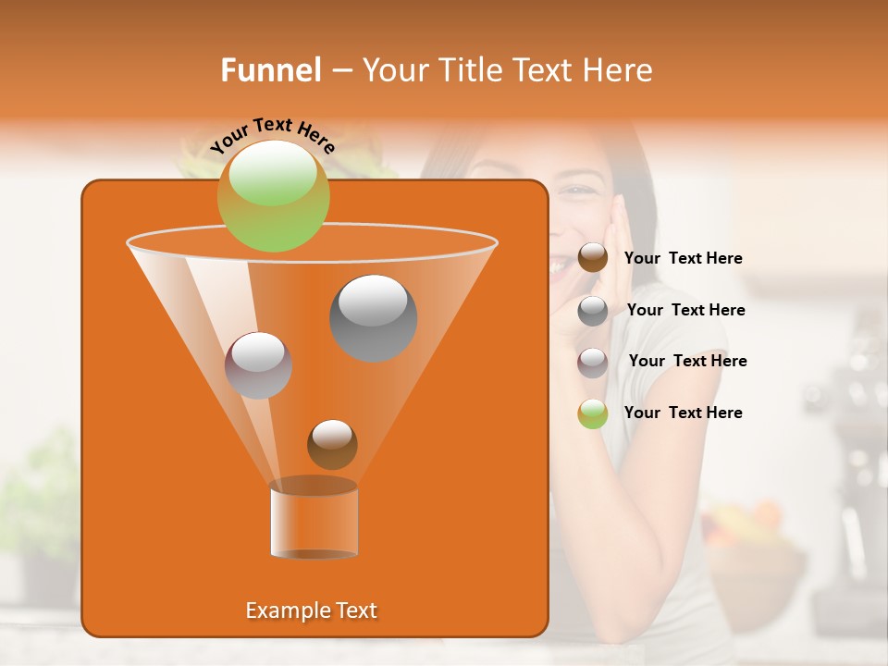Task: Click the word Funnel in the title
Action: coord(271,70)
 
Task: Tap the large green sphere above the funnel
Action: coord(273,195)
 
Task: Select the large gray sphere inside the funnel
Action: coord(373,317)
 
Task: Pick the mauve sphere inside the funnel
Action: coord(258,364)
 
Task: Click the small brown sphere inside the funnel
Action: coord(332,444)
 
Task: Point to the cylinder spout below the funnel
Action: coord(314,520)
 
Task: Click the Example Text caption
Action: coord(311,610)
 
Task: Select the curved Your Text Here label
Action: coord(272,135)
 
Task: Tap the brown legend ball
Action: coord(593,258)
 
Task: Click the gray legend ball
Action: coord(593,311)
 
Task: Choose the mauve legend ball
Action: coord(593,362)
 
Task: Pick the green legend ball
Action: coord(593,413)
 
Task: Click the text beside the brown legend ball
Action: coord(683,259)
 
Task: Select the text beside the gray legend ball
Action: coord(685,311)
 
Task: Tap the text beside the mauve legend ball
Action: coord(687,362)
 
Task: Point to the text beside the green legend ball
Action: coord(683,413)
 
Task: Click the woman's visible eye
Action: coord(579,191)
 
